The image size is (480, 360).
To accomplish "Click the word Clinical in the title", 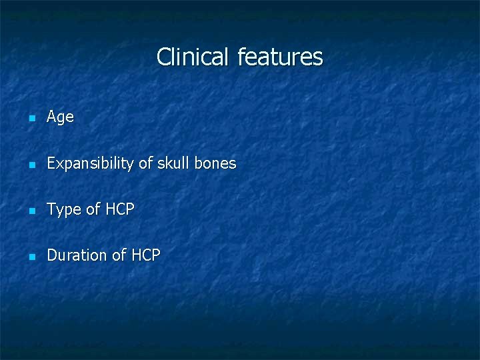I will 193,57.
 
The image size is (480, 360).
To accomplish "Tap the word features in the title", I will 280,57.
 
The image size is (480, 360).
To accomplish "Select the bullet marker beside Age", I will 31,119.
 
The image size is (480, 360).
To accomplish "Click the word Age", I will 60,117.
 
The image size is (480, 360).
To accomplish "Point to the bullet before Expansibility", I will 31,165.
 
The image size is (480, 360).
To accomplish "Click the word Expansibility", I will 90,163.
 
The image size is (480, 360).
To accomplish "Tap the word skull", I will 173,163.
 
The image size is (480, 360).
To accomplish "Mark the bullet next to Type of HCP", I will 31,211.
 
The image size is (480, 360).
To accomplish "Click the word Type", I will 64,209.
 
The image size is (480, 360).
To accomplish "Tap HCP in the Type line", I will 119,209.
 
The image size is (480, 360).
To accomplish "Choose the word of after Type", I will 93,209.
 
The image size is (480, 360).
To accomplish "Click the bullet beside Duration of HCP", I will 31,257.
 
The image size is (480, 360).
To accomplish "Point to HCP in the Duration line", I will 145,255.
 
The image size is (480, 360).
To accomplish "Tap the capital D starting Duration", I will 52,255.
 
